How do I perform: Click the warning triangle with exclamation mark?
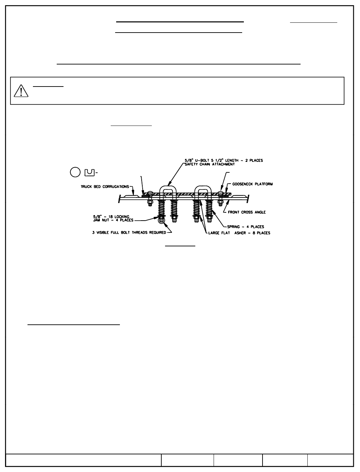pyautogui.click(x=21, y=91)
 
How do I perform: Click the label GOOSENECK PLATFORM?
pyautogui.click(x=252, y=184)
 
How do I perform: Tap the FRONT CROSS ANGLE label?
pyautogui.click(x=247, y=212)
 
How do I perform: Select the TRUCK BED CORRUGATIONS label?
pyautogui.click(x=105, y=187)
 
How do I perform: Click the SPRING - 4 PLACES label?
pyautogui.click(x=246, y=227)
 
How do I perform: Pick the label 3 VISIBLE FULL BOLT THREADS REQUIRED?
pyautogui.click(x=129, y=233)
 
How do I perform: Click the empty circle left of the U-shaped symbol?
pyautogui.click(x=75, y=172)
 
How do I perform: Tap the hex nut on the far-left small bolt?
pyautogui.click(x=150, y=204)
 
